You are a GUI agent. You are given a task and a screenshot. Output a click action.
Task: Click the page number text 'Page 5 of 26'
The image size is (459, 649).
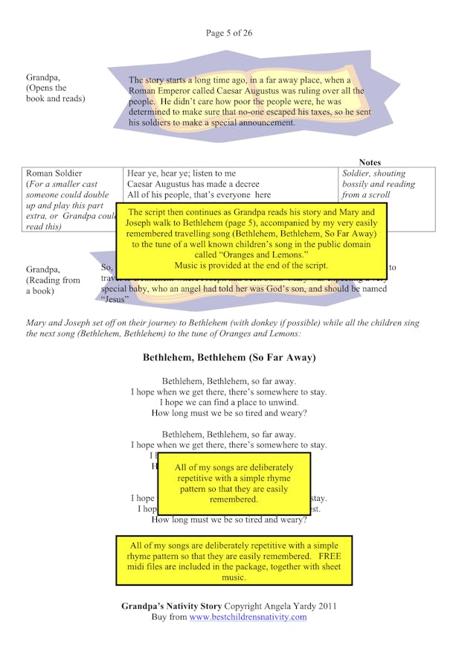[x=229, y=33]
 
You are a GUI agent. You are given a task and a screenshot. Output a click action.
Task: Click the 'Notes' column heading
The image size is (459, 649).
[x=369, y=162]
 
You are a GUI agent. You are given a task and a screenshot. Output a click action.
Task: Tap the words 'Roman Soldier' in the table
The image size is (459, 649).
[x=54, y=173]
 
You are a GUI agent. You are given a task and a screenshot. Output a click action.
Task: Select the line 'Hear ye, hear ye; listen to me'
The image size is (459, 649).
[x=182, y=173]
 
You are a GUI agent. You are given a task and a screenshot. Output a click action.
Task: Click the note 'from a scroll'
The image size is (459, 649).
[x=365, y=195]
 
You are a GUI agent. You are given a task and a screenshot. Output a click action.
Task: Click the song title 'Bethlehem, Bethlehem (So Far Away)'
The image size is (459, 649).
[x=229, y=358]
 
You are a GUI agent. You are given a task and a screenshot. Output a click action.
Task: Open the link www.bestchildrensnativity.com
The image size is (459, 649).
[x=248, y=617]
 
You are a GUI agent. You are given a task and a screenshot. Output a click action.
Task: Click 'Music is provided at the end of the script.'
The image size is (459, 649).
[x=251, y=265]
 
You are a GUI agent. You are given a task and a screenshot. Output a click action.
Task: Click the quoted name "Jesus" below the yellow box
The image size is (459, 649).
[x=115, y=299]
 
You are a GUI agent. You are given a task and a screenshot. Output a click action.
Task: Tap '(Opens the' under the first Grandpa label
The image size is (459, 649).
[x=46, y=88]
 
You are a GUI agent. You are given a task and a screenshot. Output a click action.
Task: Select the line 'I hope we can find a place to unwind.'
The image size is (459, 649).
[x=229, y=403]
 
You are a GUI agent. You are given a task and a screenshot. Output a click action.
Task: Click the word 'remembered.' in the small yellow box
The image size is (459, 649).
[x=234, y=499]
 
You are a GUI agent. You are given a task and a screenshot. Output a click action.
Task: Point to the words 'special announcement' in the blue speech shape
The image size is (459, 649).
[x=253, y=123]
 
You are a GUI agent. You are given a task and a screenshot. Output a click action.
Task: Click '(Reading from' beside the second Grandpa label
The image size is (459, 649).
[x=53, y=280]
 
